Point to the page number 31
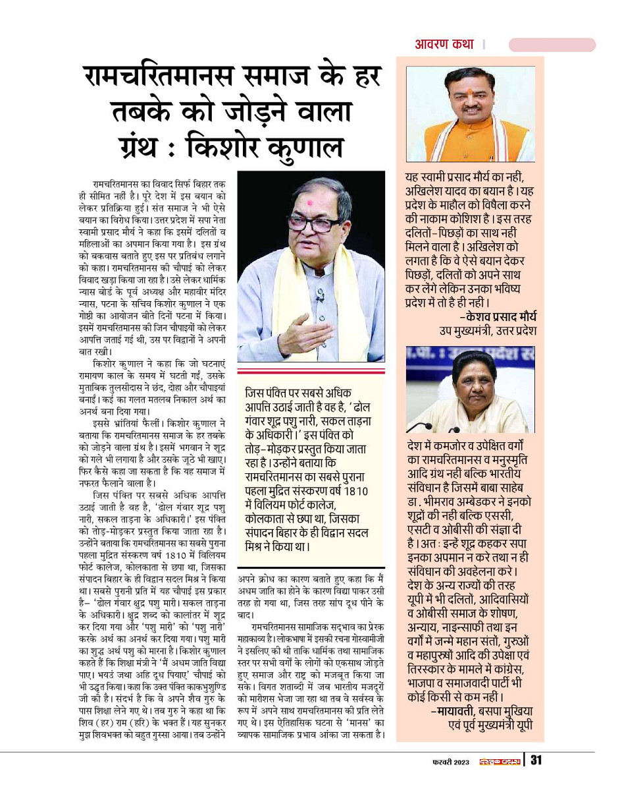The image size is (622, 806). pos(536,761)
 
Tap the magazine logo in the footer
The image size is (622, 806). pos(499,762)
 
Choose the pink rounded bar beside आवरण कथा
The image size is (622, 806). pos(552,45)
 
